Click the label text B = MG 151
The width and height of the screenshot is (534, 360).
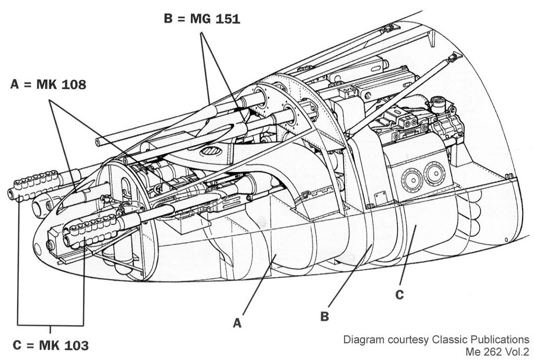pos(202,19)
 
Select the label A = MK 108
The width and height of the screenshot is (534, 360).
pos(48,85)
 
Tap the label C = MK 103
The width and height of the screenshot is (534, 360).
pos(51,345)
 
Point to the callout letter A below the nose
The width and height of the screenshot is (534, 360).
pos(237,323)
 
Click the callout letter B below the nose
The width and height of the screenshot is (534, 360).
pos(324,316)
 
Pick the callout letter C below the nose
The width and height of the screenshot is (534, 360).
pos(399,295)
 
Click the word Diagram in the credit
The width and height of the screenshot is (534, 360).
pos(360,340)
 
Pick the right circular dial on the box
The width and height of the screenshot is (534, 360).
pos(434,173)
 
